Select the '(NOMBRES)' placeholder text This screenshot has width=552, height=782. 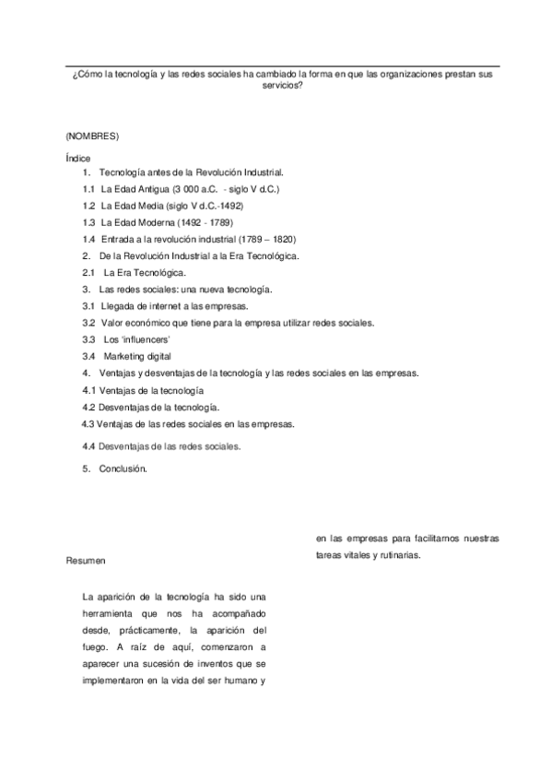[93, 136]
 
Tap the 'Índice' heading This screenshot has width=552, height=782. [78, 159]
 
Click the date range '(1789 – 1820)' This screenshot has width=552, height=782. [269, 239]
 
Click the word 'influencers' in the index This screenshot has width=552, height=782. [133, 339]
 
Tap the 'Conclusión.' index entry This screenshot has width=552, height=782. [123, 468]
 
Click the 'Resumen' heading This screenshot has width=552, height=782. [86, 560]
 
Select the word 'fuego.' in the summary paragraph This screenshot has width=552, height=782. [96, 647]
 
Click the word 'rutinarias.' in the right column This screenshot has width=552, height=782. [397, 555]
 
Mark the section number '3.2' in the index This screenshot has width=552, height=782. [88, 323]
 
